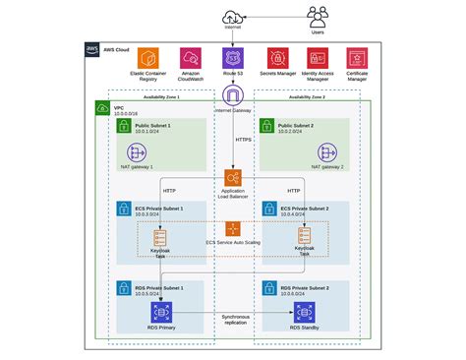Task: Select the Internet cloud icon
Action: pyautogui.click(x=232, y=17)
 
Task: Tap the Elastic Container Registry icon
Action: pyautogui.click(x=147, y=57)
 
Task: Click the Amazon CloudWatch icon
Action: pyautogui.click(x=191, y=57)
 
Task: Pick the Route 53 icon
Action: pyautogui.click(x=233, y=57)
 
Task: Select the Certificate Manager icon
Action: pyautogui.click(x=359, y=57)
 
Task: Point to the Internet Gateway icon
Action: pyautogui.click(x=233, y=96)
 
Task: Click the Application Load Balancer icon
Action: pyautogui.click(x=233, y=178)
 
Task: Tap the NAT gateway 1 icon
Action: pyautogui.click(x=136, y=152)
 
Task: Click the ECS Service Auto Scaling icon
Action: pyautogui.click(x=233, y=228)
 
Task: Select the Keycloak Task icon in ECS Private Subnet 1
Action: pyautogui.click(x=161, y=237)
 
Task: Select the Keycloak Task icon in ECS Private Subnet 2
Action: pyautogui.click(x=305, y=237)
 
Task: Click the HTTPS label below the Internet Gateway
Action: pyautogui.click(x=244, y=140)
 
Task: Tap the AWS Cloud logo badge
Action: pyautogui.click(x=91, y=48)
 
